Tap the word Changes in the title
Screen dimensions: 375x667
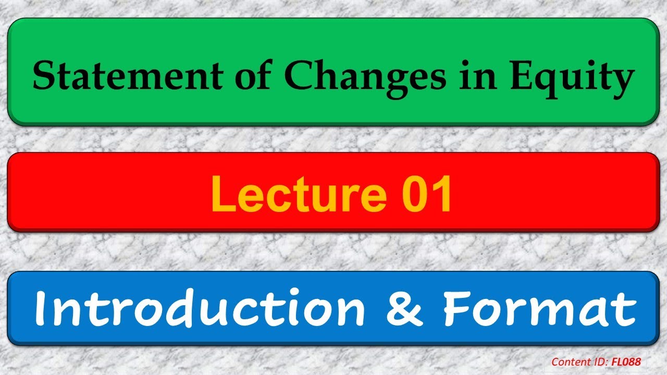click(x=366, y=76)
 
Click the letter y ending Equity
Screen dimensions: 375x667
click(x=620, y=81)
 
